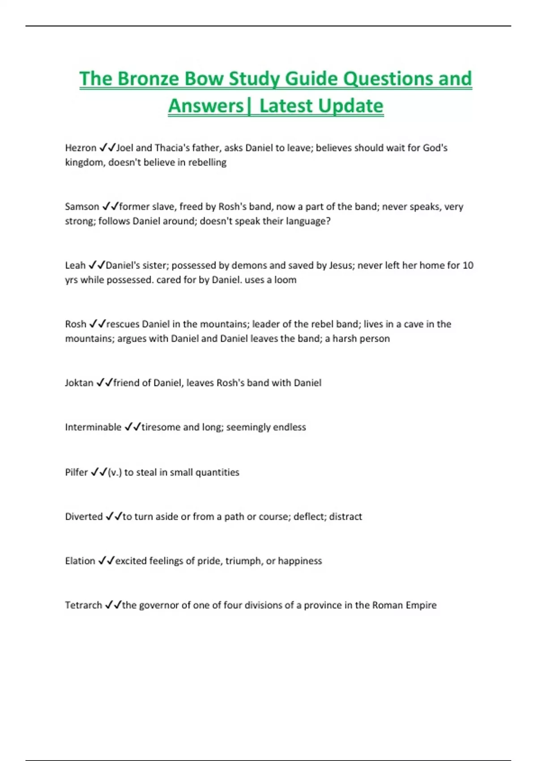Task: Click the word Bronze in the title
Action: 149,79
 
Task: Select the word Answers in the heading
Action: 206,106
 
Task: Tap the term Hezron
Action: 81,148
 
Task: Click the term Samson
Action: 82,206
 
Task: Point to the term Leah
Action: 75,265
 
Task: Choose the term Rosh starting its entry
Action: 76,324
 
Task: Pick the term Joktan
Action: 79,383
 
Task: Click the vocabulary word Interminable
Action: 93,427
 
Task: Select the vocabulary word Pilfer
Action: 77,472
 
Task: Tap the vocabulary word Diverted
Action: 84,517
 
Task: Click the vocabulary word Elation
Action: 80,561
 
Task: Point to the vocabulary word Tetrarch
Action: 84,605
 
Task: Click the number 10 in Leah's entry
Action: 468,265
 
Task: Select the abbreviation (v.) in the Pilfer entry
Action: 115,472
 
